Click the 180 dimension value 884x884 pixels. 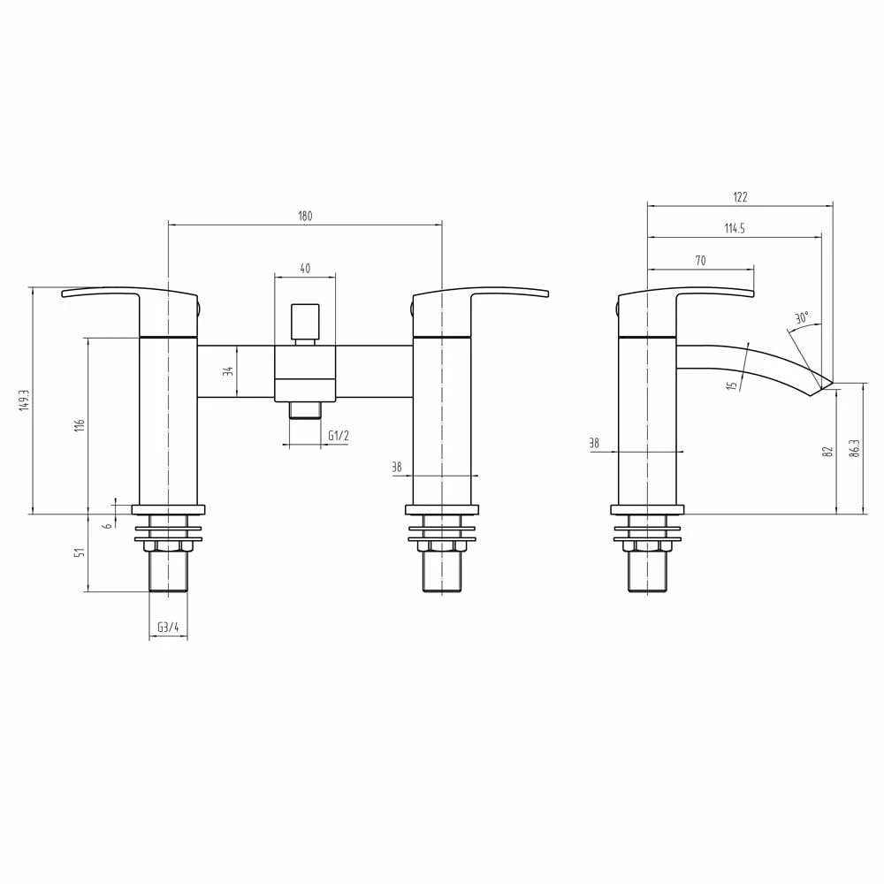pos(305,216)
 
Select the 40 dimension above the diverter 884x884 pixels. pos(305,269)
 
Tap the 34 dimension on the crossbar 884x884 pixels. pos(227,371)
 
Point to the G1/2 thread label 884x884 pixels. pos(338,435)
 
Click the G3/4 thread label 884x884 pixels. pos(168,628)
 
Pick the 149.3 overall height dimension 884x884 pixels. pos(25,400)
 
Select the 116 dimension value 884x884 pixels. pos(80,424)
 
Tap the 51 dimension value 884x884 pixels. pos(80,552)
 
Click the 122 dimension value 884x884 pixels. pos(740,197)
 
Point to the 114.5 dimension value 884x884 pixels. pos(735,228)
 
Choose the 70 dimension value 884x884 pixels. pos(700,260)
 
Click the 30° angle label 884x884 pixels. pos(801,317)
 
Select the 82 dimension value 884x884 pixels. pos(827,450)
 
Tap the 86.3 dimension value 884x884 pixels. pos(855,449)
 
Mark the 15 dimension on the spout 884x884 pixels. pos(733,385)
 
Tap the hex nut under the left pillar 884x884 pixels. pos(168,546)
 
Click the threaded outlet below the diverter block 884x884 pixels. pos(305,409)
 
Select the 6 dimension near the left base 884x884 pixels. pos(107,525)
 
